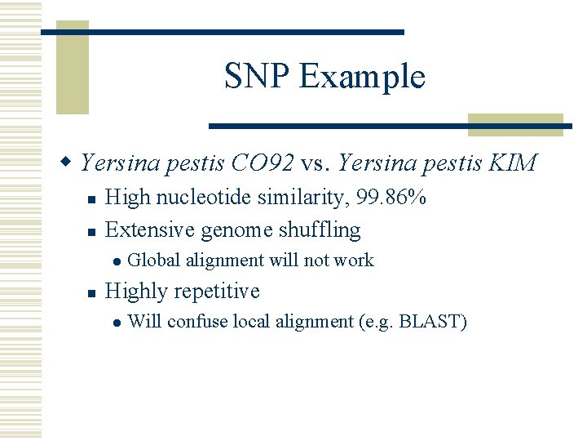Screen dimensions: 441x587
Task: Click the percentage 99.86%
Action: [x=396, y=198]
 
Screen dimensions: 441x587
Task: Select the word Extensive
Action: [x=149, y=230]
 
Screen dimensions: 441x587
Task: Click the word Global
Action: [x=155, y=261]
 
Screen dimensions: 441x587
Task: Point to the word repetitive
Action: [x=218, y=292]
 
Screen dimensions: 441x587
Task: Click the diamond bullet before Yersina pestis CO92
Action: [x=71, y=163]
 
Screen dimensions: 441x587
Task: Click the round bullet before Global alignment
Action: [x=116, y=261]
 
